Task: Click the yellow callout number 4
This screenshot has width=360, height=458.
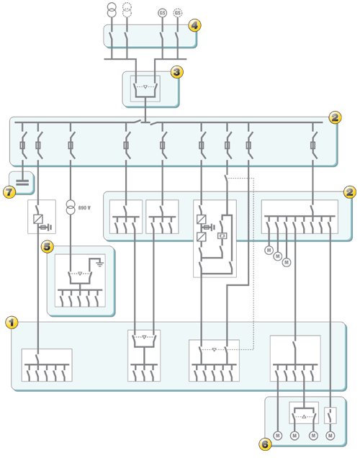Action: [194, 25]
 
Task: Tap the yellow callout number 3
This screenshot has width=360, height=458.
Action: [177, 72]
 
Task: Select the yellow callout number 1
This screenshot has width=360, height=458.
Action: [12, 323]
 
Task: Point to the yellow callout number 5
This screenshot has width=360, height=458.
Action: [48, 246]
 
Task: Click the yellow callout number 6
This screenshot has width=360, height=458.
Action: [265, 444]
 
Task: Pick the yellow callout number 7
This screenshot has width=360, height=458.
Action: [9, 192]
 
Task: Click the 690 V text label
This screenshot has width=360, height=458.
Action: [84, 207]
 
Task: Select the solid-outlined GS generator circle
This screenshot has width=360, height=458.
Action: [162, 13]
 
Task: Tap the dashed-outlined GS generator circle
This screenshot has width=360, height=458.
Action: [178, 13]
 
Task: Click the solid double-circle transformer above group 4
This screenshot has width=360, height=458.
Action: [112, 10]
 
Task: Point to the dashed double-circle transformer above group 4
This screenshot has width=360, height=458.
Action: [127, 10]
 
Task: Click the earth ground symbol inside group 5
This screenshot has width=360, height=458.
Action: [100, 264]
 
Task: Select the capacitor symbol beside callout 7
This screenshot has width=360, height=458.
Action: [22, 183]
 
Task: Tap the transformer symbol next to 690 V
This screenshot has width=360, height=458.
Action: [71, 207]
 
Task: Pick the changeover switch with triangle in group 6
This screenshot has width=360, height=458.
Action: [304, 415]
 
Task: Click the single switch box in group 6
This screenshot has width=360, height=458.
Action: [330, 415]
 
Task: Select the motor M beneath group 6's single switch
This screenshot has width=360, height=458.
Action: [330, 436]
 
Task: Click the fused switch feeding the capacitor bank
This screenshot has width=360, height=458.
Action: [22, 145]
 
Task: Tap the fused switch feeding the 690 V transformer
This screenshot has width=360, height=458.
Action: [71, 145]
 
